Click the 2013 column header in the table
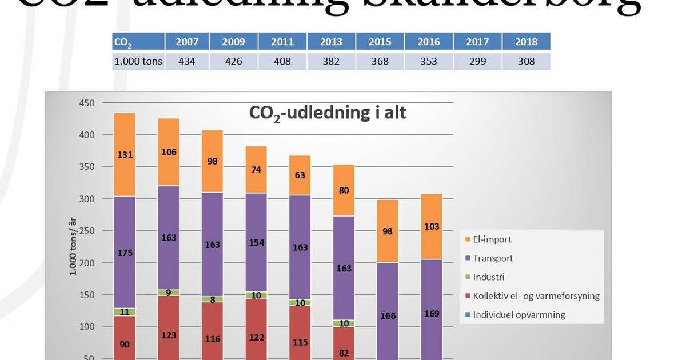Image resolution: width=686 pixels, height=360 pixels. pos(331,42)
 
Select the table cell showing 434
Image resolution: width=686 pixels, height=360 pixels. pos(187,61)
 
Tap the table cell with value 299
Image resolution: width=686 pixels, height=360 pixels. pos(477,61)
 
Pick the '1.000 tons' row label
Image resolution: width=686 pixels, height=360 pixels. pos(138,61)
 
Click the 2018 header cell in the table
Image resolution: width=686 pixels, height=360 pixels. pos(526,42)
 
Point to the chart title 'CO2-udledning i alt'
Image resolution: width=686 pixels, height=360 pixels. pos(327,113)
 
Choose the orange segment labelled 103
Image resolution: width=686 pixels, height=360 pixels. pos(432,226)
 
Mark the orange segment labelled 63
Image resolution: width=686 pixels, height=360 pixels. pos(300,175)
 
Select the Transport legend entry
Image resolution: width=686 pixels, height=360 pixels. pos(493,258)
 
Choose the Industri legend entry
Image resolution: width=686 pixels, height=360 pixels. pos(488,277)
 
